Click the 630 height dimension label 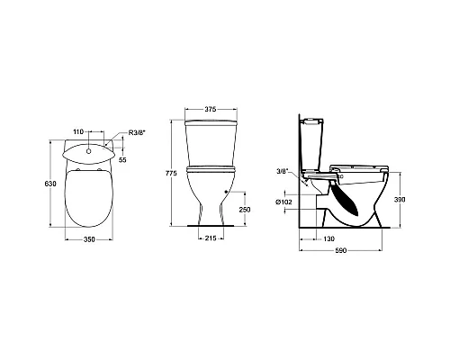pyautogui.click(x=50, y=184)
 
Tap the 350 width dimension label pyautogui.click(x=89, y=239)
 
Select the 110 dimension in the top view pyautogui.click(x=78, y=131)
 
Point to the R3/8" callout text pyautogui.click(x=137, y=132)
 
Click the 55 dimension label pyautogui.click(x=122, y=160)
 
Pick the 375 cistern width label pyautogui.click(x=211, y=110)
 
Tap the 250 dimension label pyautogui.click(x=245, y=210)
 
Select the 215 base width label pyautogui.click(x=211, y=238)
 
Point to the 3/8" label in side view pyautogui.click(x=283, y=171)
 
